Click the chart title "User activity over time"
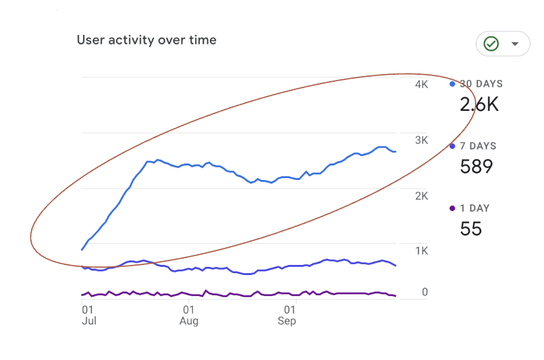(x=146, y=40)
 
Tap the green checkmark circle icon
(x=491, y=44)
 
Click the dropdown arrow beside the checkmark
(x=515, y=44)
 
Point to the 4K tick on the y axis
(x=422, y=85)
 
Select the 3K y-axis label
(x=422, y=140)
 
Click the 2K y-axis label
(x=422, y=196)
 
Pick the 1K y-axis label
(x=422, y=251)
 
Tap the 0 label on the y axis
(x=425, y=292)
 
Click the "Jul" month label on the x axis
(x=89, y=321)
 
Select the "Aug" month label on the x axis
(x=189, y=321)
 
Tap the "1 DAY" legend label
(x=475, y=208)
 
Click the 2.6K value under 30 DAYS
(x=479, y=105)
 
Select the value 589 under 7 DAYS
(x=476, y=167)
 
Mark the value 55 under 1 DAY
(x=470, y=229)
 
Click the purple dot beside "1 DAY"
(x=452, y=208)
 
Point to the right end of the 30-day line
(x=396, y=151)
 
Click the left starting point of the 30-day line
(x=82, y=250)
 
